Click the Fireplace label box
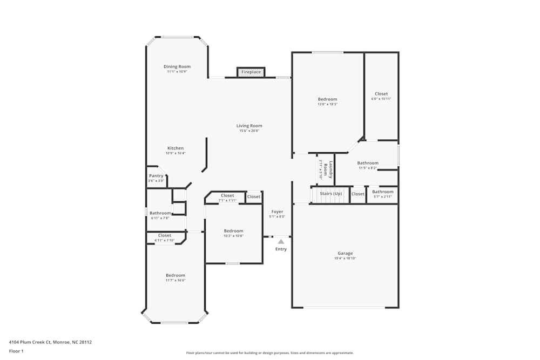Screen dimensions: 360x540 [x=251, y=72]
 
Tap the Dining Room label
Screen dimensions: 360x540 [x=177, y=67]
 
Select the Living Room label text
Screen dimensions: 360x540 [x=249, y=126]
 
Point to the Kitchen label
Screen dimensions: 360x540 [x=175, y=148]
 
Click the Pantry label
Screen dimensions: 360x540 [x=156, y=176]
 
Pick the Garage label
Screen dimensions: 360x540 [x=345, y=254]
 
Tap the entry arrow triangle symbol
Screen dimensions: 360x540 [x=281, y=242]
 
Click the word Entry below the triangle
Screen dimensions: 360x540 [x=281, y=249]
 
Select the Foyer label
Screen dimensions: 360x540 [x=277, y=212]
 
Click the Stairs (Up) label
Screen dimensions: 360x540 [x=330, y=193]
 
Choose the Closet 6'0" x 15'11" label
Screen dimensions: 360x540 [x=381, y=94]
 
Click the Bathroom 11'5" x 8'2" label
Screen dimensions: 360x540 [x=368, y=163]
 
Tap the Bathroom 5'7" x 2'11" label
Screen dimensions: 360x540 [x=383, y=192]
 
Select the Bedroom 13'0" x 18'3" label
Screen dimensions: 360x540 [x=327, y=99]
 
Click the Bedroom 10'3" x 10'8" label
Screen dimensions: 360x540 [x=233, y=231]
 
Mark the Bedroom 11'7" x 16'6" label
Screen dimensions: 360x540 [x=175, y=275]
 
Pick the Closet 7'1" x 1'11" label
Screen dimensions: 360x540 [x=227, y=196]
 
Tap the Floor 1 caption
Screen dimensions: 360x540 [x=16, y=351]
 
